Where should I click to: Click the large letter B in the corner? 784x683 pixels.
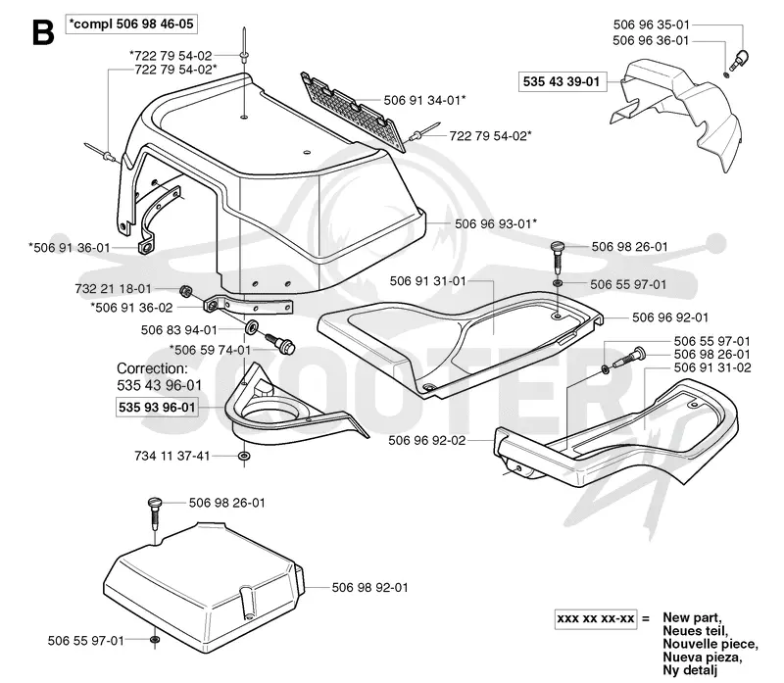pos(43,32)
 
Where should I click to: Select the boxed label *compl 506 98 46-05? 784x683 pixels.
pos(131,24)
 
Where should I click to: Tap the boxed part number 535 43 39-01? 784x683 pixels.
pos(562,81)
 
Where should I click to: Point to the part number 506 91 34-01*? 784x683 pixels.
pos(424,101)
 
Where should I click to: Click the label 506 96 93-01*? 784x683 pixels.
pos(496,223)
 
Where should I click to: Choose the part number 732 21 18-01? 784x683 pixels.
pos(113,288)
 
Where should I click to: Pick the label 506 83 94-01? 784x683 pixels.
pos(179,330)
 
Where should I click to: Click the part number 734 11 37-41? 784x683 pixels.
pos(172,456)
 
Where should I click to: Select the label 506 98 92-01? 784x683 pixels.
pos(370,588)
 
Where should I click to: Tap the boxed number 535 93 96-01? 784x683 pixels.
pos(157,407)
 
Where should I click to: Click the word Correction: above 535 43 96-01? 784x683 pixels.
pos(153,368)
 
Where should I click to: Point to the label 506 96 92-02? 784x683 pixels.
pos(427,441)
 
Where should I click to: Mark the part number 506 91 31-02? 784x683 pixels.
pos(712,367)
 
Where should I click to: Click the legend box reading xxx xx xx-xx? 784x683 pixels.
pos(596,618)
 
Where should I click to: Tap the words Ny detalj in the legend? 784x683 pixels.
pos(690,669)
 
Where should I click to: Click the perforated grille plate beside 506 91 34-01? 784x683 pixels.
pos(353,111)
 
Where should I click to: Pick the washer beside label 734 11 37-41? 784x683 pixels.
pos(244,456)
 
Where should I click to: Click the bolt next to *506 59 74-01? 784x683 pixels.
pos(279,343)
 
